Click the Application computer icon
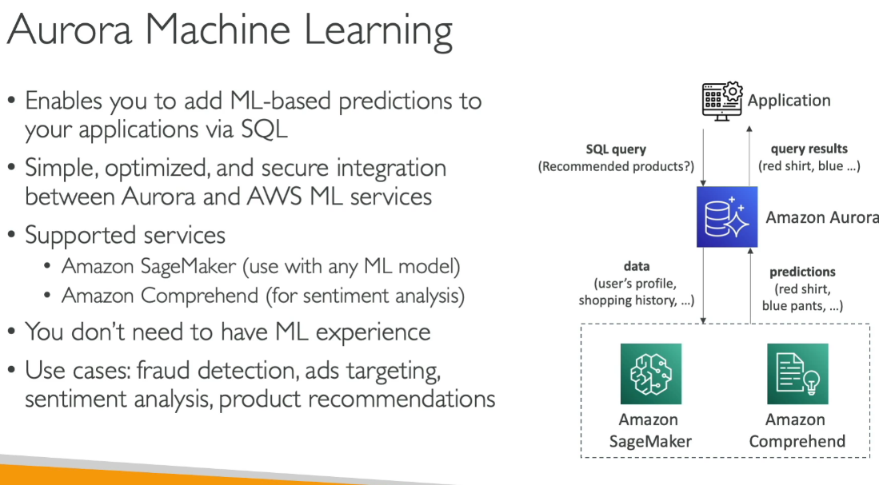(x=722, y=101)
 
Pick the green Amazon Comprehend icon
(x=797, y=374)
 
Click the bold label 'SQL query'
(x=616, y=149)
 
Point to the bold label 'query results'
(x=809, y=149)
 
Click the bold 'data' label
(x=637, y=266)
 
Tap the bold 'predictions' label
(x=802, y=272)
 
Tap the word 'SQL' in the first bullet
(x=263, y=129)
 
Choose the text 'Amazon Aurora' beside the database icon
(x=821, y=218)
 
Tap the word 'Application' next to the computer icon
(x=789, y=101)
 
